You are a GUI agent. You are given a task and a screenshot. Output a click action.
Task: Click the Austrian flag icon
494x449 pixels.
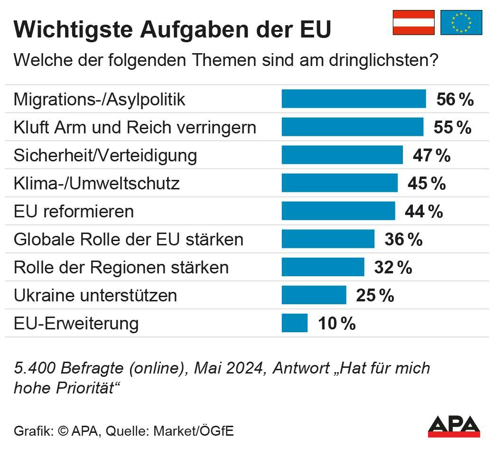point(413,22)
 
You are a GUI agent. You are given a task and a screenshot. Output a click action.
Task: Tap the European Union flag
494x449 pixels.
point(461,22)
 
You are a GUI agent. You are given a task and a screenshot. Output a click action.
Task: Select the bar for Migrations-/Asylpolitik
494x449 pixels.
point(354,99)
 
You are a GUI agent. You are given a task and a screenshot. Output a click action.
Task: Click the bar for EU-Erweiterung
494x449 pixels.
point(295,323)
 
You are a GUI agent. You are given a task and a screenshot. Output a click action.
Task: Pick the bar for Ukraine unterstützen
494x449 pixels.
point(314,295)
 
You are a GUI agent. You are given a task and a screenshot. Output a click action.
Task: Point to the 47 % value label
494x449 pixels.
point(431,156)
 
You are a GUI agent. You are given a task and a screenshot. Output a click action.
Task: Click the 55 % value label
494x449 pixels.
point(452,127)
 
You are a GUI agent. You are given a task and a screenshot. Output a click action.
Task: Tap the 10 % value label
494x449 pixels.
point(336,324)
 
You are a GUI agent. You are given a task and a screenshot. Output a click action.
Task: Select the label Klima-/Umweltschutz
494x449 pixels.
point(97,183)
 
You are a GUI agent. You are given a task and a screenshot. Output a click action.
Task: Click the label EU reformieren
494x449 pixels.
point(74,211)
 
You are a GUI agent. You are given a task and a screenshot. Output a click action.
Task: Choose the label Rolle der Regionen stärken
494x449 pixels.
point(121,267)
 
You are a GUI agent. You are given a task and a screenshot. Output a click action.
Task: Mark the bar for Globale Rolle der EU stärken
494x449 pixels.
point(328,239)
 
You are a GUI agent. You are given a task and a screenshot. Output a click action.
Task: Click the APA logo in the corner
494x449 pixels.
point(454,426)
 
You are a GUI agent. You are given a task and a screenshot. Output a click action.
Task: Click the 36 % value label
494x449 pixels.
point(403,239)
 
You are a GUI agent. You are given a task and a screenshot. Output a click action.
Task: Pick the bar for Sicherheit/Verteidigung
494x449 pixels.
point(342,155)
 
